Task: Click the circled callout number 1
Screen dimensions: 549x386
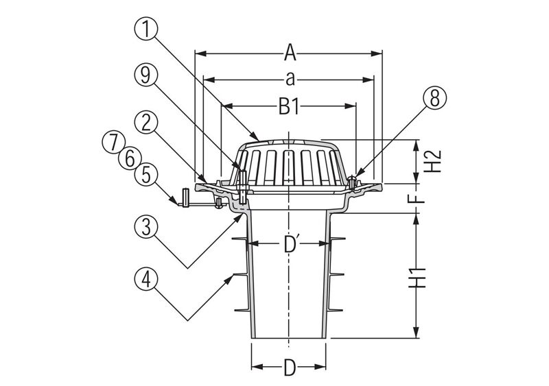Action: (x=146, y=29)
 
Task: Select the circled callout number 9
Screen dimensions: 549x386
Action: (x=146, y=75)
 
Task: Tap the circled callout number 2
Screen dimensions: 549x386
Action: (x=146, y=123)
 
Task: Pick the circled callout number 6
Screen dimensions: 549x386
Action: (x=130, y=158)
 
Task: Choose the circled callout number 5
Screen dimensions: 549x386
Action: (x=146, y=175)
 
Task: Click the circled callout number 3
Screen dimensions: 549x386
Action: (x=146, y=227)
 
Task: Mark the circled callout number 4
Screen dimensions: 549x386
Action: (x=146, y=279)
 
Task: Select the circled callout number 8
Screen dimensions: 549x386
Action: (x=434, y=99)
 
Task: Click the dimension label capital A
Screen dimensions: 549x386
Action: (x=290, y=53)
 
